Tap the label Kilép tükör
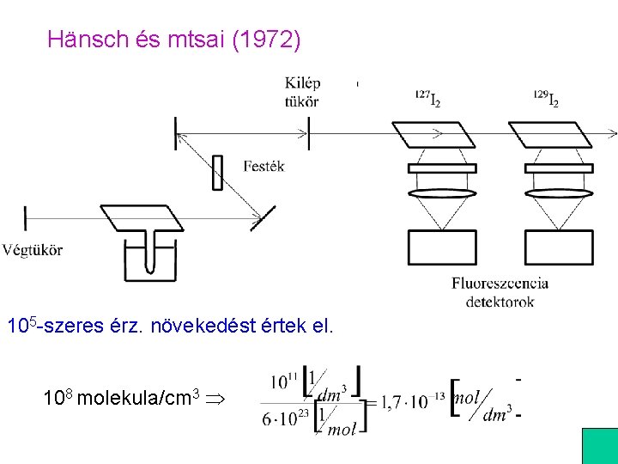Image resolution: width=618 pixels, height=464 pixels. click(302, 92)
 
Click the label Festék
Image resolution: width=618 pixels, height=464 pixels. click(264, 166)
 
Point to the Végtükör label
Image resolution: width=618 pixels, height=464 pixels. click(33, 250)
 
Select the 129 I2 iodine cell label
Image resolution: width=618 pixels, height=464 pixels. click(546, 100)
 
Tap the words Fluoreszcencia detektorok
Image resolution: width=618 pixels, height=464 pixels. click(500, 292)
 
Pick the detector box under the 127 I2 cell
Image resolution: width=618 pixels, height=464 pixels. click(441, 247)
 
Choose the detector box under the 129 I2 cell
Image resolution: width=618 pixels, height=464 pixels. click(559, 247)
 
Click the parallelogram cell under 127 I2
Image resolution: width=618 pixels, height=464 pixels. click(433, 135)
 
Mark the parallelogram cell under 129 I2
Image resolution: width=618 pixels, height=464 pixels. click(550, 135)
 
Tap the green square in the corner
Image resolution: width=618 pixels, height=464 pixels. click(600, 446)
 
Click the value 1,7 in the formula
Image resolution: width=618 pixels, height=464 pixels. click(391, 400)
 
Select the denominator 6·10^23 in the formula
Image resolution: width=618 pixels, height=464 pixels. click(283, 418)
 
